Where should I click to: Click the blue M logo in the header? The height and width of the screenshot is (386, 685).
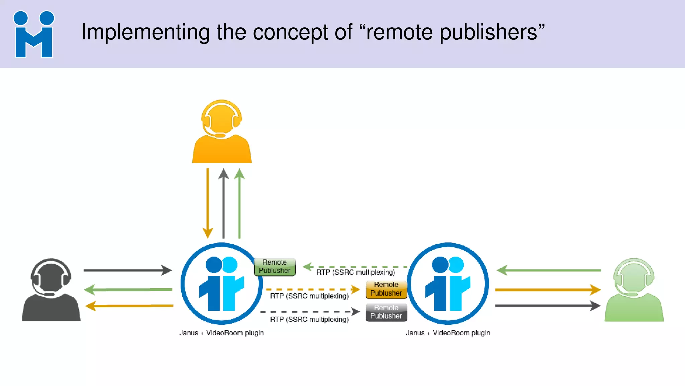tap(33, 35)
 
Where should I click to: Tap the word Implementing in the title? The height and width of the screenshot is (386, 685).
tap(145, 33)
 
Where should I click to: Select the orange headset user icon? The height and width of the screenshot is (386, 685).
tap(222, 132)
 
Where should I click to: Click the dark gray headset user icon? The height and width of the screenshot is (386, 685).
tap(51, 290)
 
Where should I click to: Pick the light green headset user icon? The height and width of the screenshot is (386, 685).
tap(634, 290)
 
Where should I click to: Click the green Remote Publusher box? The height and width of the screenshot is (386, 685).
tap(275, 267)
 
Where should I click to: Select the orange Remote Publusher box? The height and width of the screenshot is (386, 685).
tap(386, 289)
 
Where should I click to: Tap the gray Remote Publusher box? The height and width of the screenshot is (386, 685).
tap(386, 312)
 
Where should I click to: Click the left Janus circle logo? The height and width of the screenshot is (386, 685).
tap(221, 283)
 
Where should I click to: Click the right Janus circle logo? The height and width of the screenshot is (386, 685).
tap(448, 283)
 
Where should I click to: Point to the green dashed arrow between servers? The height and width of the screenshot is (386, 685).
tap(355, 267)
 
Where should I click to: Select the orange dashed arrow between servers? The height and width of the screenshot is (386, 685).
tap(312, 289)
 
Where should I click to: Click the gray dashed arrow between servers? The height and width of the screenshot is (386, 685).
tap(309, 312)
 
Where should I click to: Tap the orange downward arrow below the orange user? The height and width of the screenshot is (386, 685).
tap(208, 203)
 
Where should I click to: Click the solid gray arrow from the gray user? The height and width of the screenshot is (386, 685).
tap(127, 270)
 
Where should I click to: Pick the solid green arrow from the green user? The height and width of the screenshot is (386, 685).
tap(549, 270)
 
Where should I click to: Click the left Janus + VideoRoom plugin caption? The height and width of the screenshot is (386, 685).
tap(221, 333)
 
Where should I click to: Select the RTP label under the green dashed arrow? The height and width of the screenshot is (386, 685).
tap(356, 272)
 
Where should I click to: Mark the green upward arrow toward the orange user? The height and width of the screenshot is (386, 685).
tap(239, 203)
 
